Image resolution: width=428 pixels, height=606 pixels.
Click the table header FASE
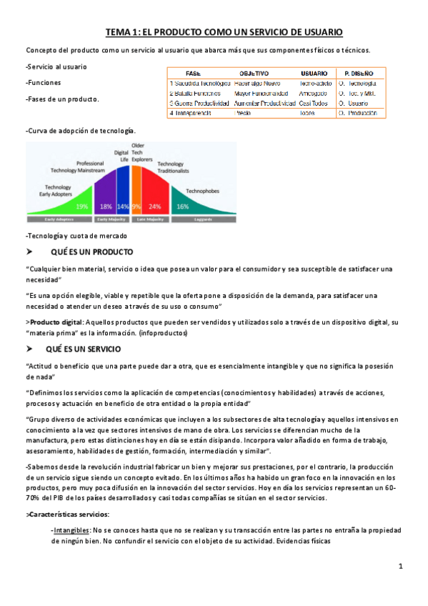coord(193,74)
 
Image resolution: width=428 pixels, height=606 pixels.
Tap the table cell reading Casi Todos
coord(314,103)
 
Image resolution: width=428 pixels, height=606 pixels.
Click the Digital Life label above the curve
coord(121,157)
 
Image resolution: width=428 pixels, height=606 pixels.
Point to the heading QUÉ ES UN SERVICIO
coord(84,349)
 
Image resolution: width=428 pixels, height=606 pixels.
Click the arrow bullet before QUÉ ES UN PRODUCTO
coord(29,252)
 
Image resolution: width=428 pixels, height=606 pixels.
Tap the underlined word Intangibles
coord(71,530)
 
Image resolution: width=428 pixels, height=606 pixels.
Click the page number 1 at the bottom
coord(401,567)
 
